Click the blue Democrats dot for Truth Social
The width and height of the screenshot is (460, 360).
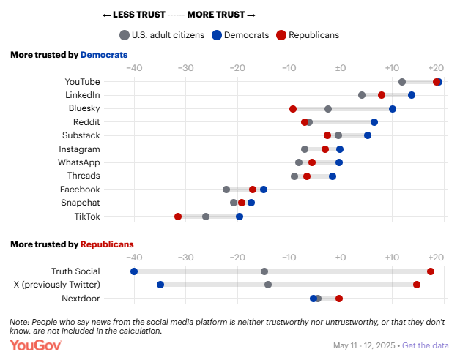[x=134, y=271]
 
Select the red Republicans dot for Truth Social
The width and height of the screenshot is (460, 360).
[x=431, y=271]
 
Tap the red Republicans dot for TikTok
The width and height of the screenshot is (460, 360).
[x=178, y=217]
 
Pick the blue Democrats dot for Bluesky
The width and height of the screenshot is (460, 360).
[x=393, y=109]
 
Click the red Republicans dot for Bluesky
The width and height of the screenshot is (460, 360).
[x=293, y=109]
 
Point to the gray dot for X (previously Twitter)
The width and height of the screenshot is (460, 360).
[x=268, y=285]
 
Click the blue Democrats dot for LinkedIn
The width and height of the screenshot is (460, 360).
[x=412, y=95]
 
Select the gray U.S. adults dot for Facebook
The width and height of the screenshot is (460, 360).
[x=226, y=190]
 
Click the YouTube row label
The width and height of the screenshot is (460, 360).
[x=82, y=82]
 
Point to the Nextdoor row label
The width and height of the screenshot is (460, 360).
[x=81, y=298]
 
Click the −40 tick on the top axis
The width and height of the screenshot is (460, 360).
[x=134, y=68]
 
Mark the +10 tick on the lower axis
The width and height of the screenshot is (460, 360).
[x=391, y=258]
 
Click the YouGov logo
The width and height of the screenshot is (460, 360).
[x=36, y=344]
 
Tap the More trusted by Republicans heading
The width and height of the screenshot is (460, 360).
[x=72, y=244]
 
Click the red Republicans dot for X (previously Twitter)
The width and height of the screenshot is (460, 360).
[x=417, y=285]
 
